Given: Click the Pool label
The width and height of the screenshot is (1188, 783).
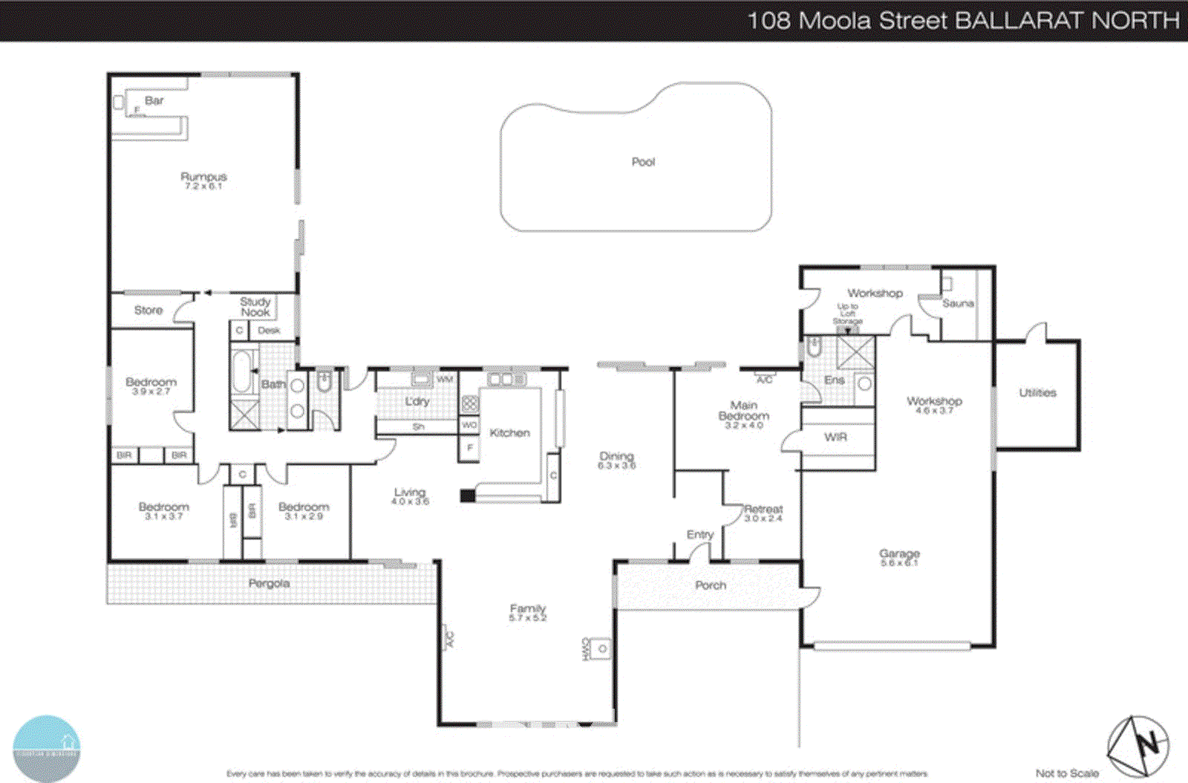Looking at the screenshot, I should [x=643, y=162].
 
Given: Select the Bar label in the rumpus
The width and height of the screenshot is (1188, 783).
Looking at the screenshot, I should [x=154, y=100].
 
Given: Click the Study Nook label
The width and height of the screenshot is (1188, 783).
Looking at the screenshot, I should [x=255, y=307].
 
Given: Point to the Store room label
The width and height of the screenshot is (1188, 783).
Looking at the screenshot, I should [x=148, y=311].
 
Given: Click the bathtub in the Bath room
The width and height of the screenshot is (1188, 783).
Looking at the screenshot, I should [x=242, y=372].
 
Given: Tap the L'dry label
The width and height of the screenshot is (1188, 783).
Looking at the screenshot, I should [x=417, y=401].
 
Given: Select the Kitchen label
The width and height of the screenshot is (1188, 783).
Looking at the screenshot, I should [x=509, y=432].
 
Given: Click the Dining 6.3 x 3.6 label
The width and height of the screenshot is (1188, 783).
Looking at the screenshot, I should [x=616, y=461].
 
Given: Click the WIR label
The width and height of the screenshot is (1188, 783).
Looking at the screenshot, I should [x=835, y=437].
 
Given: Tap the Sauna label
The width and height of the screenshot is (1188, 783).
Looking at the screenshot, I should [x=958, y=303].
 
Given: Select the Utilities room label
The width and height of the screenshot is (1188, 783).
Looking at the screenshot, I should [x=1037, y=393].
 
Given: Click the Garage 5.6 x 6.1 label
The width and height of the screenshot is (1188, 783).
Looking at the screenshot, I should [x=899, y=557].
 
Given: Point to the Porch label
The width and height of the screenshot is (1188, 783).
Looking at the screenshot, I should [x=711, y=585].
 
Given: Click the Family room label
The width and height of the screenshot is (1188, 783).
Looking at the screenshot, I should [x=527, y=612].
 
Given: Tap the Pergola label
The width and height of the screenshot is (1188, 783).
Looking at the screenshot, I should [x=269, y=584].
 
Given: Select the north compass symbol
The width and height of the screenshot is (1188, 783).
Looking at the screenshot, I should [x=1138, y=745].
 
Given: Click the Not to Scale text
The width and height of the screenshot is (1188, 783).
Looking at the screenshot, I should [x=1067, y=773].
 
